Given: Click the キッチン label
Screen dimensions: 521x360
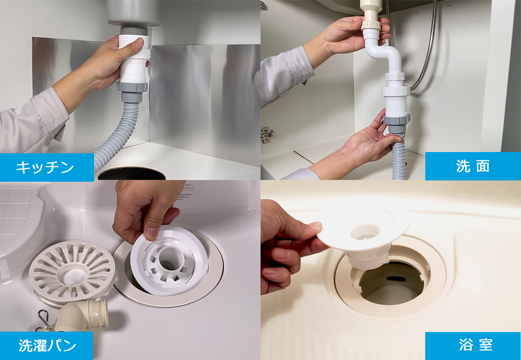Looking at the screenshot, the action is point(44,167).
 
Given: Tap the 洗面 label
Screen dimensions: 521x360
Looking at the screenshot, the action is point(473,166).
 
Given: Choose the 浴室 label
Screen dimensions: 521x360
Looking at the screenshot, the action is point(476,345).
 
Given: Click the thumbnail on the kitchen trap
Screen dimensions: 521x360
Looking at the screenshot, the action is point(139,42).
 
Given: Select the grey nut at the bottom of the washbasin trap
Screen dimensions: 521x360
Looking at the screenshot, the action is point(396,119).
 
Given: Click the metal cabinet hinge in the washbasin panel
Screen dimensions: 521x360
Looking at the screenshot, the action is point(268,135).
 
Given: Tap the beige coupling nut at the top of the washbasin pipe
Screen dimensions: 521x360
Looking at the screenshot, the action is point(371,25).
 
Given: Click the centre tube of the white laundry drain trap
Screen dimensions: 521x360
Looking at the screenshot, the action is point(169,258).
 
